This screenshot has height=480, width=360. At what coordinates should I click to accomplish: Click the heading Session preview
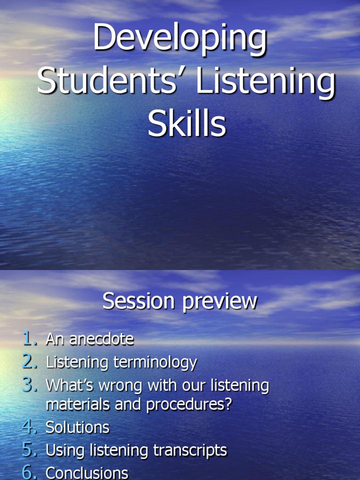click(x=180, y=301)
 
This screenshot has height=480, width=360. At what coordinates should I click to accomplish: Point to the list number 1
click(x=29, y=339)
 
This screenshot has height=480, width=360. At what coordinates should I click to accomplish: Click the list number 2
click(x=29, y=362)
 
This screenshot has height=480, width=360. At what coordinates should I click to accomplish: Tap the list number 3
click(x=29, y=385)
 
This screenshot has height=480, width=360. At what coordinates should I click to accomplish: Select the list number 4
click(x=29, y=427)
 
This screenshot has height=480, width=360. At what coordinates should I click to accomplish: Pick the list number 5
click(x=29, y=450)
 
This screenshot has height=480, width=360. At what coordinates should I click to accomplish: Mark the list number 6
click(x=29, y=472)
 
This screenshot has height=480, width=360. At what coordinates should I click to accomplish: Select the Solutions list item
click(x=77, y=427)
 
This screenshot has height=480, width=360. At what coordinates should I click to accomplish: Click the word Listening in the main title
click(x=265, y=82)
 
